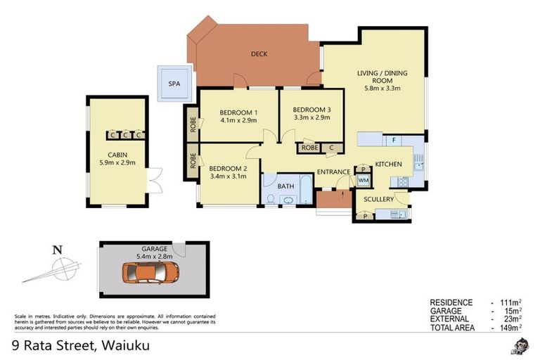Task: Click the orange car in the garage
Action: point(150,273)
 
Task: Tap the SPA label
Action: point(174,84)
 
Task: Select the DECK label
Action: point(259,54)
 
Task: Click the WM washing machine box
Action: point(364,181)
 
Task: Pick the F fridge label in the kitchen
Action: point(394,140)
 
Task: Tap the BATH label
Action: point(285,186)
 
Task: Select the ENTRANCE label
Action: point(333,172)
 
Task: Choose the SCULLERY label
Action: point(378,199)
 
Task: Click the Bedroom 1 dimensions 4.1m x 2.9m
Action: point(238,121)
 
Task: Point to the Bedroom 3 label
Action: point(311,109)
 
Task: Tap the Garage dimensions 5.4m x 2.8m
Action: point(155,257)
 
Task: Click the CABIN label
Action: point(117,155)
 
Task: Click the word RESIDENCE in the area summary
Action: point(451,302)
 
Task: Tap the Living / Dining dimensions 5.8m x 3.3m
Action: point(382,88)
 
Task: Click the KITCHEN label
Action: point(388,164)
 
